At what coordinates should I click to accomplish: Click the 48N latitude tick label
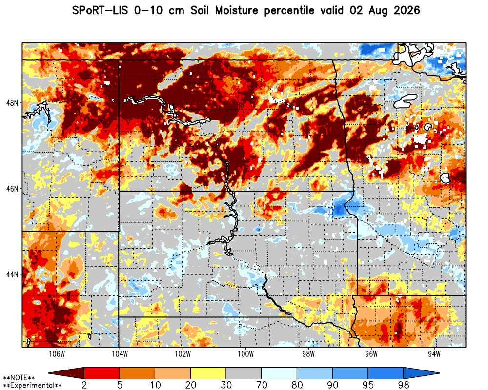pyautogui.click(x=13, y=103)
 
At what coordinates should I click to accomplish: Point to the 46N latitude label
pyautogui.click(x=13, y=189)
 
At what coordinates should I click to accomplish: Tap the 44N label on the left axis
pyautogui.click(x=13, y=274)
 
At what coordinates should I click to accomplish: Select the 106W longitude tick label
pyautogui.click(x=57, y=354)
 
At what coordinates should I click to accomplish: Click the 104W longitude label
pyautogui.click(x=120, y=354)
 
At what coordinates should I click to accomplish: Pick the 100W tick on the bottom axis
pyautogui.click(x=245, y=354)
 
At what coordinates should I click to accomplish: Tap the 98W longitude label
pyautogui.click(x=308, y=354)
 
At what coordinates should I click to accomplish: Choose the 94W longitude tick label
pyautogui.click(x=434, y=354)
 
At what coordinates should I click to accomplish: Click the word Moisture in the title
pyautogui.click(x=237, y=11)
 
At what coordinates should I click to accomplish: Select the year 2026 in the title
pyautogui.click(x=407, y=11)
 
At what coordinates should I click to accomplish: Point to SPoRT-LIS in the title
pyautogui.click(x=100, y=11)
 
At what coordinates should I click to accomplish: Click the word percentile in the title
pyautogui.click(x=289, y=11)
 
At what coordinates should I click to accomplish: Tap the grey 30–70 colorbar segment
pyautogui.click(x=244, y=373)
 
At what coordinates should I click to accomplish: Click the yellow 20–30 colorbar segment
pyautogui.click(x=208, y=373)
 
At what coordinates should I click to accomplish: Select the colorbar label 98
pyautogui.click(x=404, y=385)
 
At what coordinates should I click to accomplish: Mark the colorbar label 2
pyautogui.click(x=84, y=385)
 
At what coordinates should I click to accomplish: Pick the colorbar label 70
pyautogui.click(x=262, y=385)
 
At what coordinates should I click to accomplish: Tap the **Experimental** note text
pyautogui.click(x=32, y=385)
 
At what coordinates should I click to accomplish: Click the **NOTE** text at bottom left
pyautogui.click(x=19, y=378)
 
